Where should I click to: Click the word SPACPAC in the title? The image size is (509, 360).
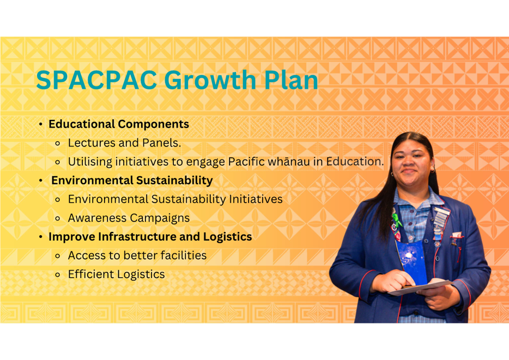coord(97,80)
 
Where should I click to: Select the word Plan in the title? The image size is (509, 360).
coord(291,80)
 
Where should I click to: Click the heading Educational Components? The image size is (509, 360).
coord(119,124)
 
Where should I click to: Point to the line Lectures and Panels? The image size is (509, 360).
coord(124,143)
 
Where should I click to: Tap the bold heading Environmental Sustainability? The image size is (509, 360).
coord(132,180)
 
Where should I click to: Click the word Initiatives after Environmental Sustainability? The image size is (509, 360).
coord(256,199)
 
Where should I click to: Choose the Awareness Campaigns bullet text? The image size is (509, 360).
coord(129,218)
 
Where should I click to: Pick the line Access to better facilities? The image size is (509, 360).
coord(137,255)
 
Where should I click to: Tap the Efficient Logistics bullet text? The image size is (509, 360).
coord(116,274)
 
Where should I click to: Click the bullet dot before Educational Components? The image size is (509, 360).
coord(40,124)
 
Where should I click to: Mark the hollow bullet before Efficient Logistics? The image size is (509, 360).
coord(58,275)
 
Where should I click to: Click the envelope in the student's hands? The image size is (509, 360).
coord(420,288)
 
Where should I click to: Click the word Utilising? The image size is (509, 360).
coord(90,162)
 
